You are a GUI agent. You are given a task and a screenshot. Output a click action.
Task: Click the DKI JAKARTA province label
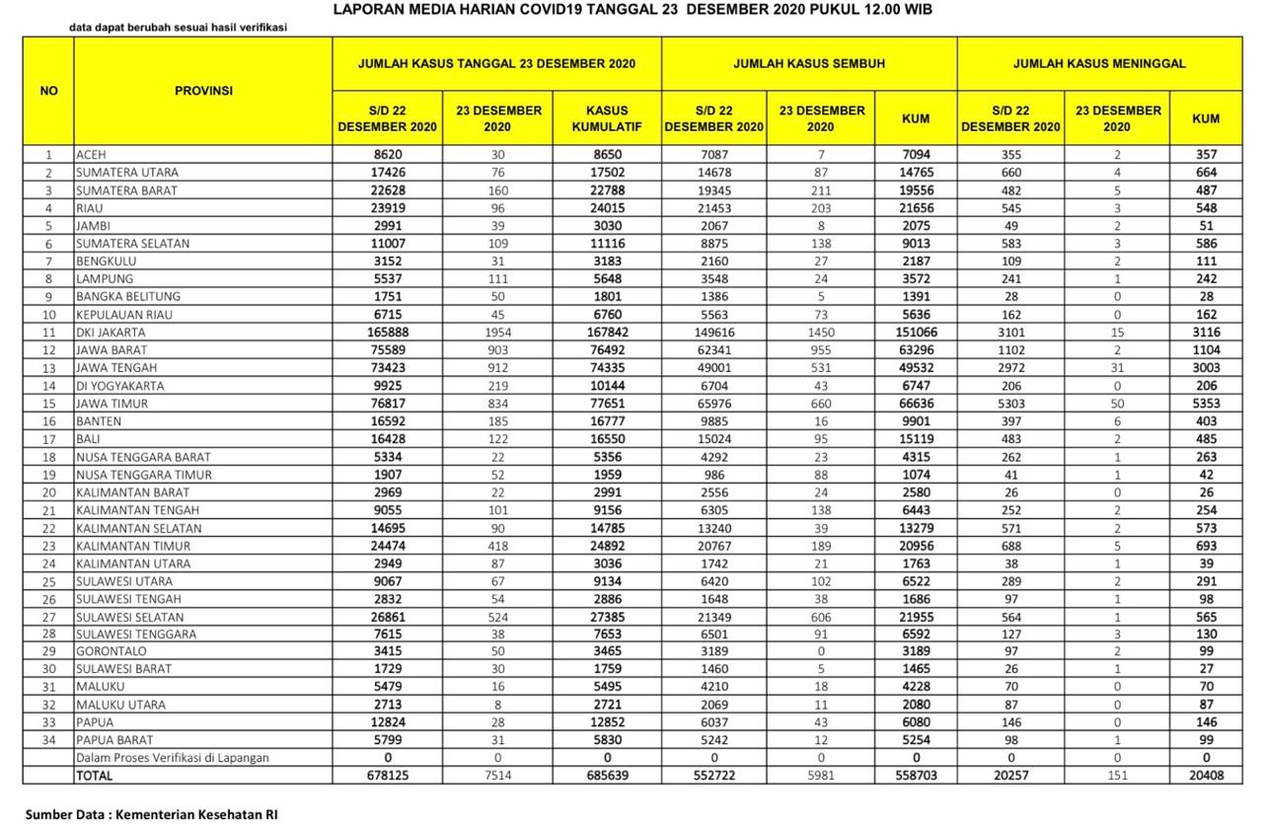click(111, 333)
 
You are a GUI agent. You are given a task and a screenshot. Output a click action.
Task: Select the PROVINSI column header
click(203, 91)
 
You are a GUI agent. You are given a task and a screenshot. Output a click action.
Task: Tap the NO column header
click(48, 91)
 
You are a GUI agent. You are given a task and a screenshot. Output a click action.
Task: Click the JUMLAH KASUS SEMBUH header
click(809, 63)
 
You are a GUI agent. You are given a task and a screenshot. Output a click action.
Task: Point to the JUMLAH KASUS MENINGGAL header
click(1099, 63)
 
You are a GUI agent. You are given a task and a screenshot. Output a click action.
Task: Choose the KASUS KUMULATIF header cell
click(607, 118)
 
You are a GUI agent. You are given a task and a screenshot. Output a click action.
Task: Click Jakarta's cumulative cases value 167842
click(607, 333)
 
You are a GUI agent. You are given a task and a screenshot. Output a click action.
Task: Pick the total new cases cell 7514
click(498, 776)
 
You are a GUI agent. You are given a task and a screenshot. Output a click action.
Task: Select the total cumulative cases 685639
click(607, 776)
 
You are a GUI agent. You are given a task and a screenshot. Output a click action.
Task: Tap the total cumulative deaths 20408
click(1205, 776)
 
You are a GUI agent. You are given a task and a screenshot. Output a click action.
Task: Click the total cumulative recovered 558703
click(915, 776)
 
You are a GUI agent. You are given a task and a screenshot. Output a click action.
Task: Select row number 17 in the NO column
click(48, 439)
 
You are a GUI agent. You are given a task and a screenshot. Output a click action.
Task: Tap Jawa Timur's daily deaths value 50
click(1117, 404)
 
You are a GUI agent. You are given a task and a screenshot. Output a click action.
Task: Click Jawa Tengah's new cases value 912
click(498, 368)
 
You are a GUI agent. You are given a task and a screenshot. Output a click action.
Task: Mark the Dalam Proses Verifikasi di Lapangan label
click(173, 758)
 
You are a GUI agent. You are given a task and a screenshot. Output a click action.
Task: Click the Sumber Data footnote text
click(152, 814)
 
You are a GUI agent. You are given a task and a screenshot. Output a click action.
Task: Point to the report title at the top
click(631, 9)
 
